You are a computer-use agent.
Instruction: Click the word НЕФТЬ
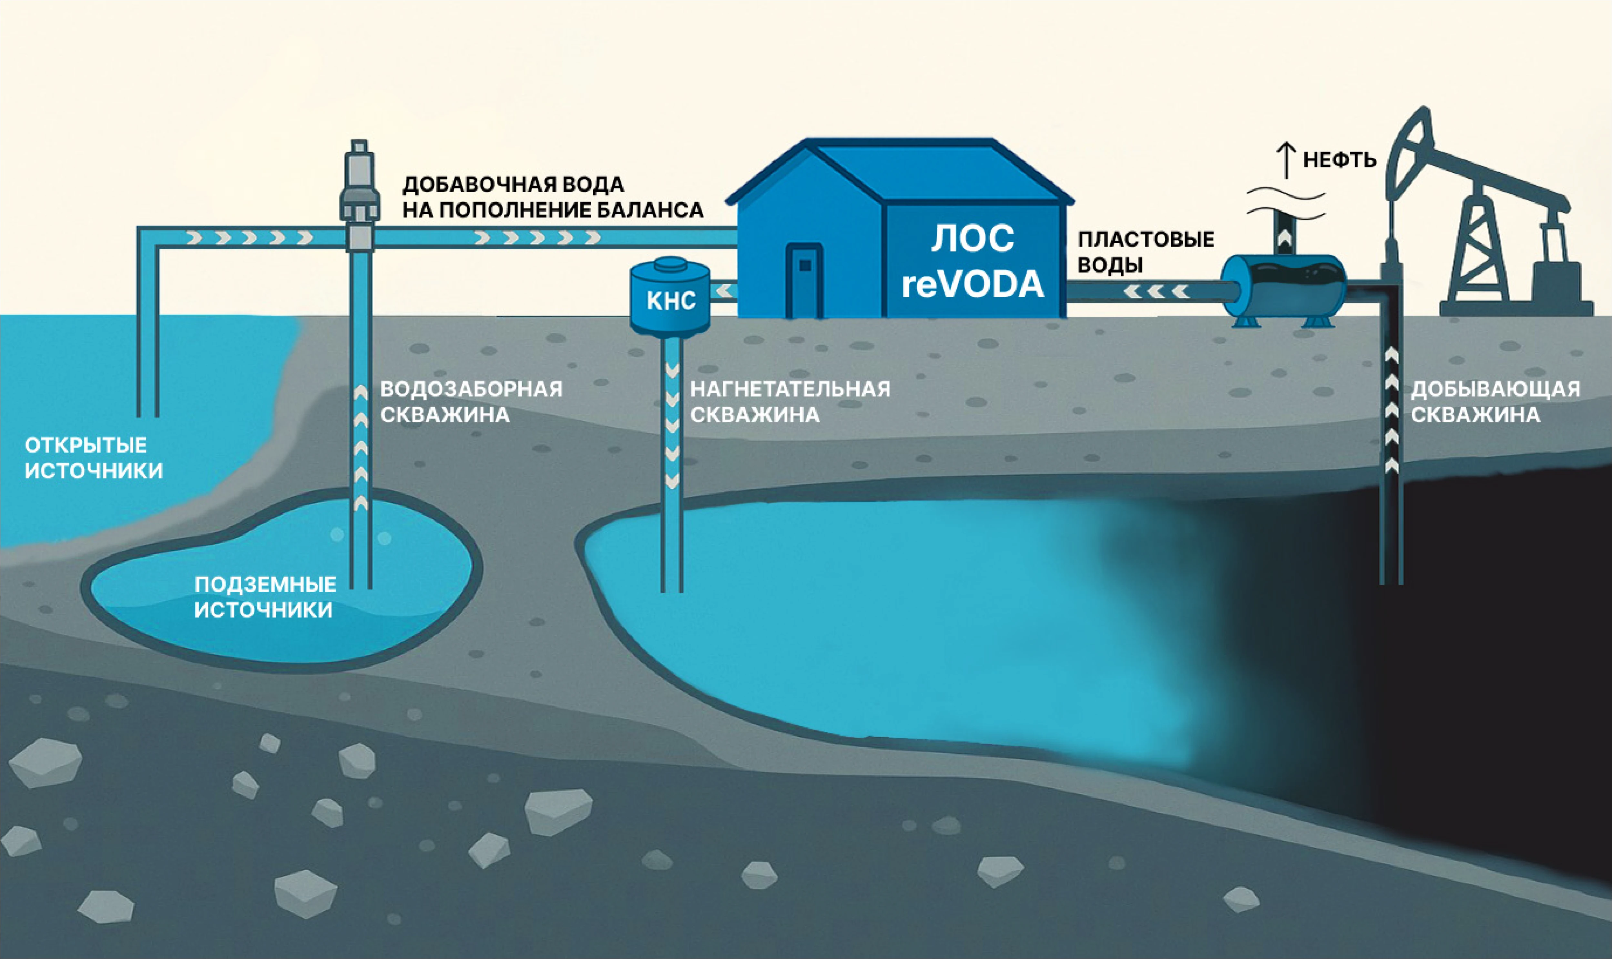pyautogui.click(x=1340, y=160)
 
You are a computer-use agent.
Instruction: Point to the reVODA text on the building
pyautogui.click(x=973, y=284)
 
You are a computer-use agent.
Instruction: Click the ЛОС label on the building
pyautogui.click(x=973, y=239)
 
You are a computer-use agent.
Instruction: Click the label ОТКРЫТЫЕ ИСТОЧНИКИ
pyautogui.click(x=94, y=458)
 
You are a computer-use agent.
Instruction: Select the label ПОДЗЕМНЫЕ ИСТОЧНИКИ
pyautogui.click(x=265, y=597)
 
